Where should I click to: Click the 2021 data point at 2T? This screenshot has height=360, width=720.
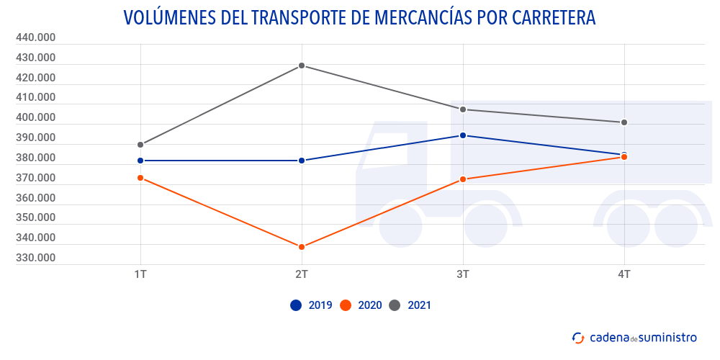point(302,66)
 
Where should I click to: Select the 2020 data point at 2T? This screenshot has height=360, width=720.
point(302,247)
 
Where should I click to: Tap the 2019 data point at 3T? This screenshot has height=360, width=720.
point(463,135)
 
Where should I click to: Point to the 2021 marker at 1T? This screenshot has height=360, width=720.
point(140,145)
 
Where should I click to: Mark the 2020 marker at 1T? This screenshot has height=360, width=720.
point(140,178)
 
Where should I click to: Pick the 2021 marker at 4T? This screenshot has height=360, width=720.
point(624,122)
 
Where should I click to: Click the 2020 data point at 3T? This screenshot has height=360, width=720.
point(463,179)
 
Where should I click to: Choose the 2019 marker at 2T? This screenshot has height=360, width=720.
point(302,161)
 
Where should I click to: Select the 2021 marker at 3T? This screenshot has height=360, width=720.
point(463,109)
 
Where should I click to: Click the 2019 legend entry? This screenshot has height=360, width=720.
point(311,305)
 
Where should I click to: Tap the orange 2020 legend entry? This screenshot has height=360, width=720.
point(361,305)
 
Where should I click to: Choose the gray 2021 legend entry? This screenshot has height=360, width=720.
point(410,305)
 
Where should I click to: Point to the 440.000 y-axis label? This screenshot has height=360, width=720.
point(35,37)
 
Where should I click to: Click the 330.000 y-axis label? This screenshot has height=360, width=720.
point(35,258)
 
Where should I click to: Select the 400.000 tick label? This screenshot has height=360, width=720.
point(35,117)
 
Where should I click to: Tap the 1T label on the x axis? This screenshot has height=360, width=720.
point(140,274)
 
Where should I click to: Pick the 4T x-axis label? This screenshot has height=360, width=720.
point(624,274)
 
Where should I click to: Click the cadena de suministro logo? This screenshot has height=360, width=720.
point(634,337)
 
